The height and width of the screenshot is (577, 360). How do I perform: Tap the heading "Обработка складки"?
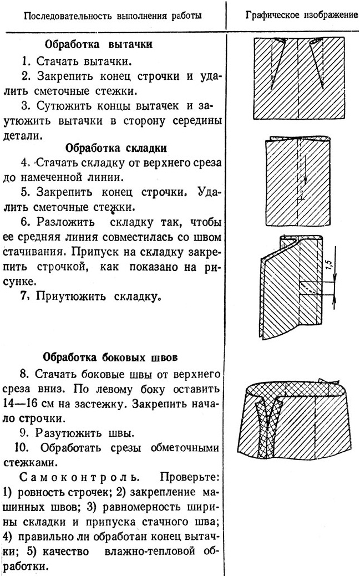(x=116, y=149)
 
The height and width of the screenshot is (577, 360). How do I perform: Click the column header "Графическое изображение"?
(x=302, y=14)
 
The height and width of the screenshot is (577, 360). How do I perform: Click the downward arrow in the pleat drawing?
(x=305, y=176)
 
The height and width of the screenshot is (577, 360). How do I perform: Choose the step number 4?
(x=24, y=164)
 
